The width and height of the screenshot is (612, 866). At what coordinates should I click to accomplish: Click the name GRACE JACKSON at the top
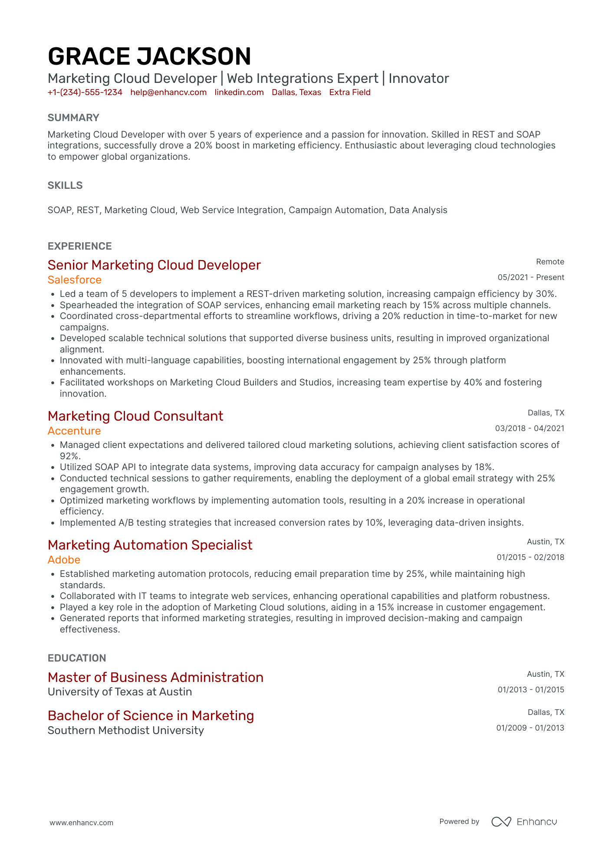coord(149,57)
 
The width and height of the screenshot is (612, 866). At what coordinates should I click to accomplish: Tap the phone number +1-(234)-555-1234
coord(85,92)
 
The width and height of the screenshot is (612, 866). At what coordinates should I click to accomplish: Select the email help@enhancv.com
coord(168,92)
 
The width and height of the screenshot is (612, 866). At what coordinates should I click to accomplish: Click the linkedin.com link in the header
coord(239,92)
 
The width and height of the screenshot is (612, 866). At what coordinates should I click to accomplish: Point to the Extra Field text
coord(350,92)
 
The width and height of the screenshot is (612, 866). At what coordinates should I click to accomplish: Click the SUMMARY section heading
coord(73,118)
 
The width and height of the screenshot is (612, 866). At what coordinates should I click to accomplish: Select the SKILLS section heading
coord(65,186)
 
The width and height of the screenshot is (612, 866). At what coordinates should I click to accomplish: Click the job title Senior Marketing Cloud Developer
coord(154,265)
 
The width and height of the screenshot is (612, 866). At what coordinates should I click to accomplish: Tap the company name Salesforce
coord(75,280)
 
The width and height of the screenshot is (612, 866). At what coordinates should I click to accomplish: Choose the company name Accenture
coord(74,431)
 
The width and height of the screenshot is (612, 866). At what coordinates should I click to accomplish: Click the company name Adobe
coord(64,560)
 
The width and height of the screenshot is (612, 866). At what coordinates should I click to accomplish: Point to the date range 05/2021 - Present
coord(531,277)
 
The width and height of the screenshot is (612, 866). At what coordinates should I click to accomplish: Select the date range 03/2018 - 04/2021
coord(530,428)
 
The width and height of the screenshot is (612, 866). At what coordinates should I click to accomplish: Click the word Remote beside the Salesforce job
coord(550,262)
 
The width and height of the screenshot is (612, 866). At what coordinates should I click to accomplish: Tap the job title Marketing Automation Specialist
coord(150,545)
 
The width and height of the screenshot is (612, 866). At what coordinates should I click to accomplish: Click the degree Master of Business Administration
coord(155,678)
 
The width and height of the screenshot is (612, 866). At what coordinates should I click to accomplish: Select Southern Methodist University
coord(126,731)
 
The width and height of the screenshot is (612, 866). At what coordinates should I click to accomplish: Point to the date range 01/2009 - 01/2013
coord(530,728)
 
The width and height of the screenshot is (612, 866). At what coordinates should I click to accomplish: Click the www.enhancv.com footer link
coord(82,823)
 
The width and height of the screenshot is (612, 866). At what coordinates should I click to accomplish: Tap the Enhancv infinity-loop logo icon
coord(501,822)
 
